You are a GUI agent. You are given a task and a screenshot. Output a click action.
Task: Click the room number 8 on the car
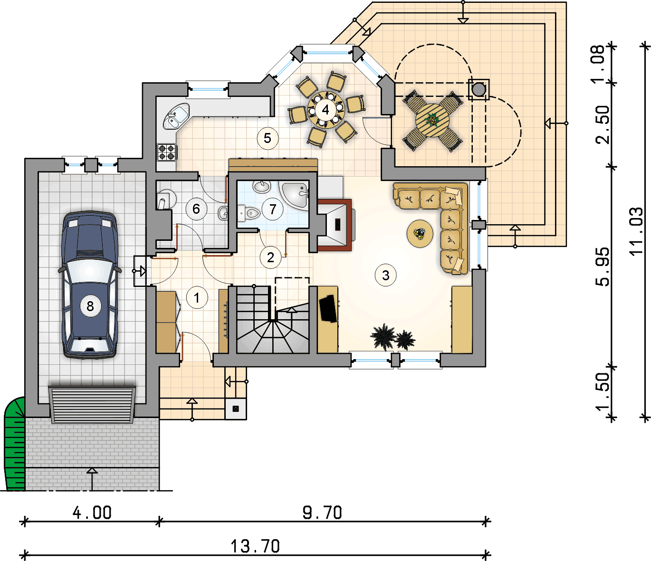90,306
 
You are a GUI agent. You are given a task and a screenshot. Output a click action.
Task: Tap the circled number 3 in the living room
385,275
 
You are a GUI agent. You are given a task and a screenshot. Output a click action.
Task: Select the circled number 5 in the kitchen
268,138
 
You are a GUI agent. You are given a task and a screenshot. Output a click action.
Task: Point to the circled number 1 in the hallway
197,298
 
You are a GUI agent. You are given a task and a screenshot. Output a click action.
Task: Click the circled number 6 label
196,209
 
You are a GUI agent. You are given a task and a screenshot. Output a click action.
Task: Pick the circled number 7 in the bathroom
272,209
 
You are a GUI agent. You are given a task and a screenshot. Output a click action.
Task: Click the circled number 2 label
270,257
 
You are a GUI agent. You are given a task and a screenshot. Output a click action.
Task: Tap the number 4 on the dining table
325,110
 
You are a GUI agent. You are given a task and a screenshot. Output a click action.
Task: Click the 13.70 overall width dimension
255,546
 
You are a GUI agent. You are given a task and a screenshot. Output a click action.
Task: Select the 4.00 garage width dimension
92,513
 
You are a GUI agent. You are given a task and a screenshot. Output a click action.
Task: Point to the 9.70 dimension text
322,513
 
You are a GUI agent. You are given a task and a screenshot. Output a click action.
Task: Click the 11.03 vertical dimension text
636,232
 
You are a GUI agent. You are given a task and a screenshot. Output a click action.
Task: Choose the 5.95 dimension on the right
602,266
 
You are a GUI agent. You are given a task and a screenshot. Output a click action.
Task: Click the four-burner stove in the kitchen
167,152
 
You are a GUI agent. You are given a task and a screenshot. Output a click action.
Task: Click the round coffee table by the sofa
420,233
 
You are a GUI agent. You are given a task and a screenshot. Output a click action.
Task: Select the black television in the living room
328,309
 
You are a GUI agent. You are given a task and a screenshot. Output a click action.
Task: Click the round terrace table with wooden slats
432,121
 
